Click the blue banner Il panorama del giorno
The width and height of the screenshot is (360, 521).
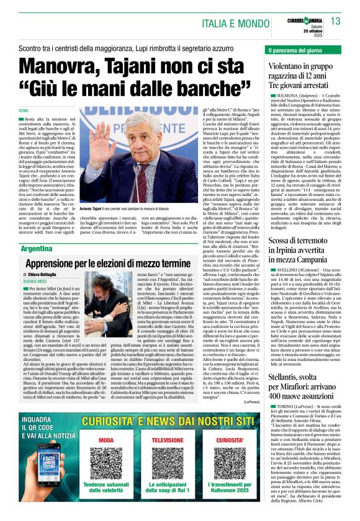tap(296, 48)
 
